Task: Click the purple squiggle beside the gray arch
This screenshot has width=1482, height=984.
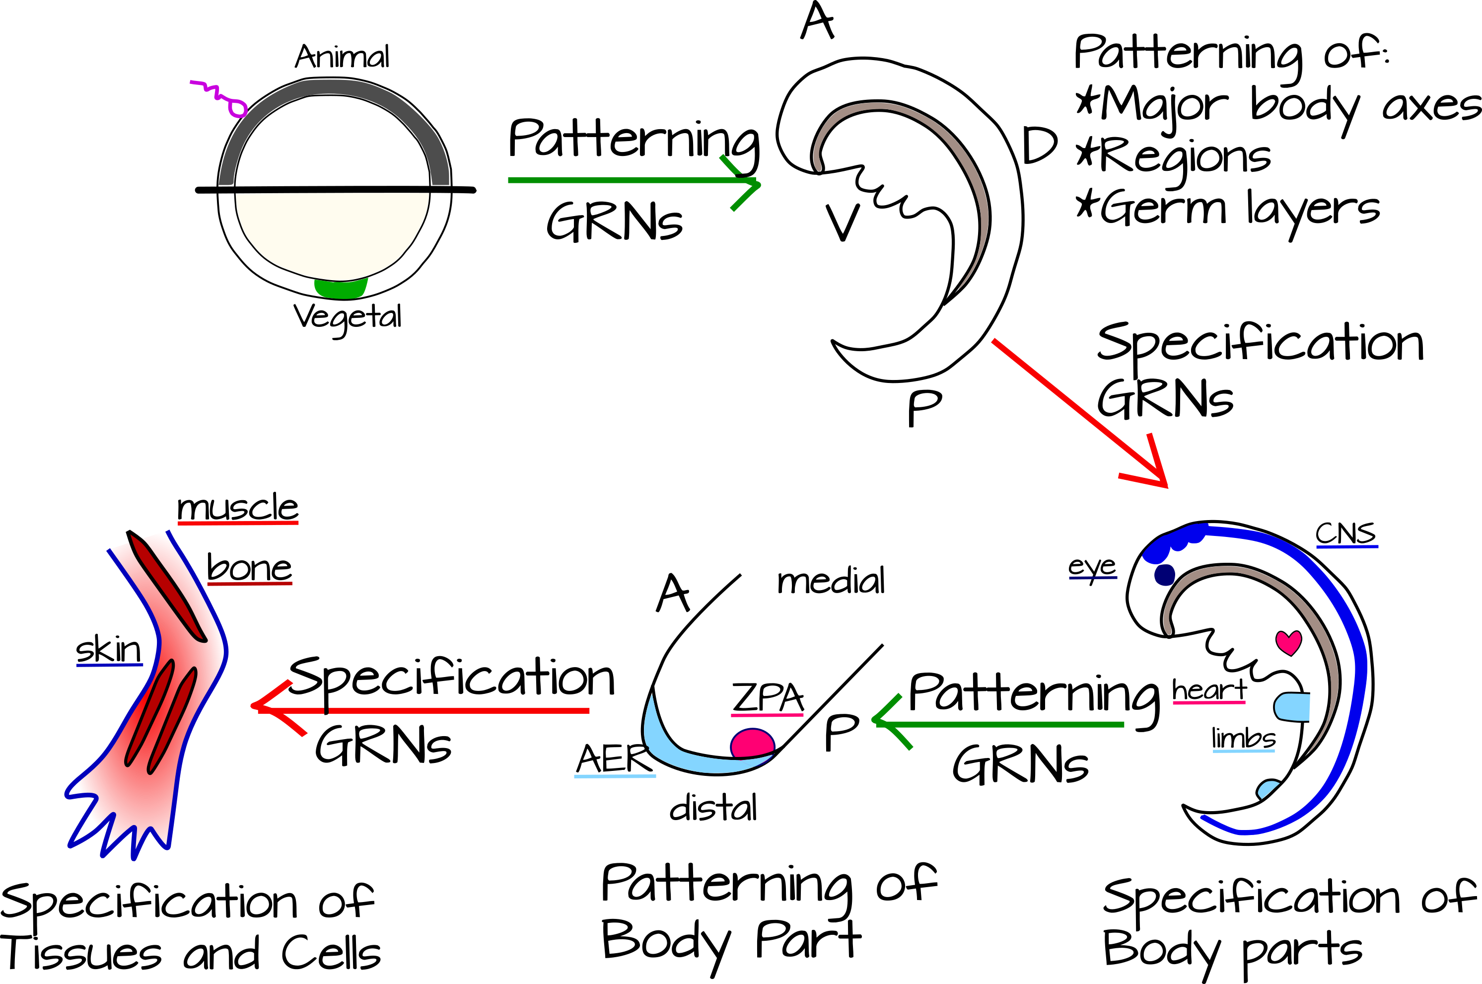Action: click(x=219, y=95)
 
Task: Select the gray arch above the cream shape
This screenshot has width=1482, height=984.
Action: click(x=333, y=86)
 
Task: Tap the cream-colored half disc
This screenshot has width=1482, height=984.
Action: click(x=333, y=232)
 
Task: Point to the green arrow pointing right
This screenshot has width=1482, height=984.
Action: click(x=627, y=180)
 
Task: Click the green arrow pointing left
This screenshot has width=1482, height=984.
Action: click(x=1003, y=724)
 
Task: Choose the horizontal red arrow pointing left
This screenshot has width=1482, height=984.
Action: click(x=439, y=710)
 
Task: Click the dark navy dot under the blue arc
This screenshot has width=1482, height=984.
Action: click(x=1165, y=575)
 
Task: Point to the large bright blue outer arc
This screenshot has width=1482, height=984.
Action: click(x=1348, y=627)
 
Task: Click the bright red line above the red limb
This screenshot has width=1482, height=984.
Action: click(x=238, y=523)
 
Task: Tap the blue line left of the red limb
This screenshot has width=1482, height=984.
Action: click(x=110, y=665)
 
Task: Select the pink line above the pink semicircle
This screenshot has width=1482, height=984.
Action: click(x=767, y=715)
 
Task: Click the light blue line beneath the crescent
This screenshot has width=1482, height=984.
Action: click(x=615, y=776)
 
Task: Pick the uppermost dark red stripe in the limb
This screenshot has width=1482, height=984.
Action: click(x=168, y=588)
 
